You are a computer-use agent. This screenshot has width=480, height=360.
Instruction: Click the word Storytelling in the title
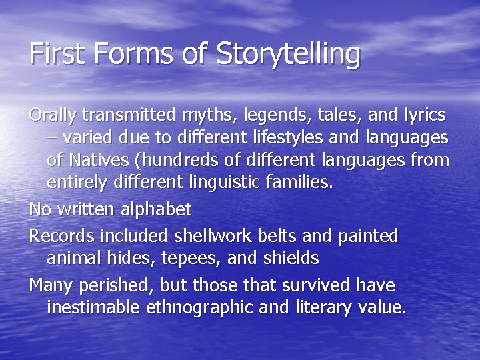288,54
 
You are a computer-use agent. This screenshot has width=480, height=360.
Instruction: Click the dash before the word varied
52,138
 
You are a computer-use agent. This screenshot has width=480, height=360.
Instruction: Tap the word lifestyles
294,137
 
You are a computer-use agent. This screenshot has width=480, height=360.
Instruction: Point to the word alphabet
155,209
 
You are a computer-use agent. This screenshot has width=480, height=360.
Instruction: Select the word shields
291,257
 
